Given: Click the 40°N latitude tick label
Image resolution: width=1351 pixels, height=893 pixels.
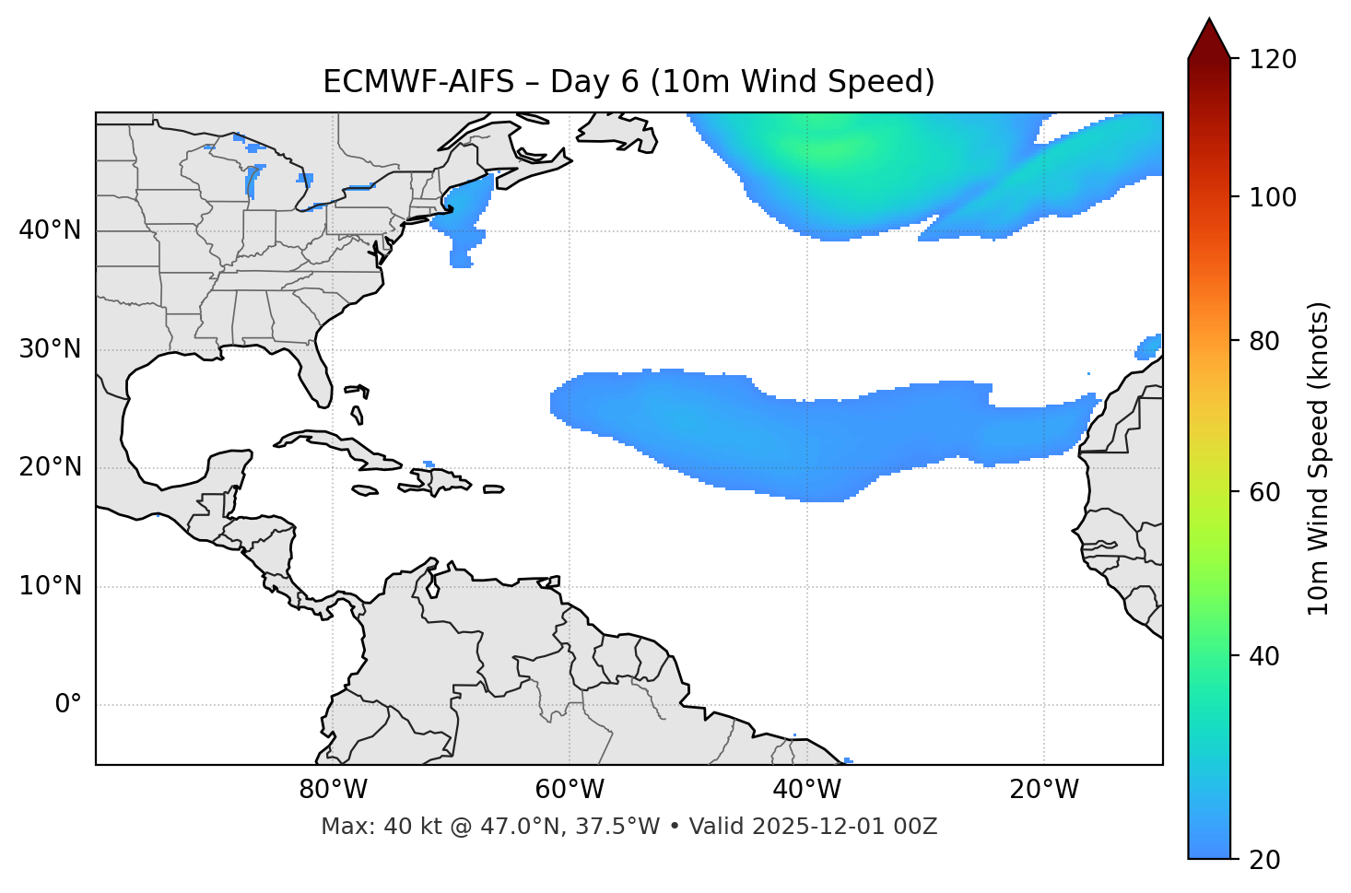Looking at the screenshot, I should pos(50,230).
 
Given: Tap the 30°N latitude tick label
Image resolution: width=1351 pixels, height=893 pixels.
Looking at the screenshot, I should pos(50,349).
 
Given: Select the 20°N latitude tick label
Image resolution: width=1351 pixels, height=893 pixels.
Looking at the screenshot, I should pos(50,467).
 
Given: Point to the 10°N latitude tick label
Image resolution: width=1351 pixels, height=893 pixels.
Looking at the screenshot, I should pos(50,586).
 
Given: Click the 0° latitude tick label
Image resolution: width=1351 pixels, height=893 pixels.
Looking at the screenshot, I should pos(68,705).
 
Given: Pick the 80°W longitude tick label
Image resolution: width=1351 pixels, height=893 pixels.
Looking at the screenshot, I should pos(333,790).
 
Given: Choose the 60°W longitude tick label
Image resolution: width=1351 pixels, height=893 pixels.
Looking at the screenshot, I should pos(570,790).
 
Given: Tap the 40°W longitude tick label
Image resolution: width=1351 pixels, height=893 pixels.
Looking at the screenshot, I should pos(806,790).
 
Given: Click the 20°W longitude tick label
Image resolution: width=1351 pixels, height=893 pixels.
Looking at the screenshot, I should pos(1044,790).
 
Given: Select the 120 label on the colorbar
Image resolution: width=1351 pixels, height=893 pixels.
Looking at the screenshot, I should pos(1272,60).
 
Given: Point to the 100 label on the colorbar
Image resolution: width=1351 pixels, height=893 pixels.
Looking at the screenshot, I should pos(1272,197).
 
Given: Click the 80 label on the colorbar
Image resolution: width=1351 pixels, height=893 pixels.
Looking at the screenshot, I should pos(1265,341).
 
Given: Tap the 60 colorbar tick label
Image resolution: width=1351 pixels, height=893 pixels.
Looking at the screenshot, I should pos(1265,492).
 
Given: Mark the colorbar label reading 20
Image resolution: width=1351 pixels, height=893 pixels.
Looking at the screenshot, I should pos(1265,860).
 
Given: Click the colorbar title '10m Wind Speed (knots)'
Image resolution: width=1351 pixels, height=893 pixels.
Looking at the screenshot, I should pos(1319,458).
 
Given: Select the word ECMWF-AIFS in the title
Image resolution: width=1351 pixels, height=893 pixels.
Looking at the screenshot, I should pos(417,82).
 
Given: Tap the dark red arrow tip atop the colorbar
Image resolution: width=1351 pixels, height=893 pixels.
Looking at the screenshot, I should pos(1209,39).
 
